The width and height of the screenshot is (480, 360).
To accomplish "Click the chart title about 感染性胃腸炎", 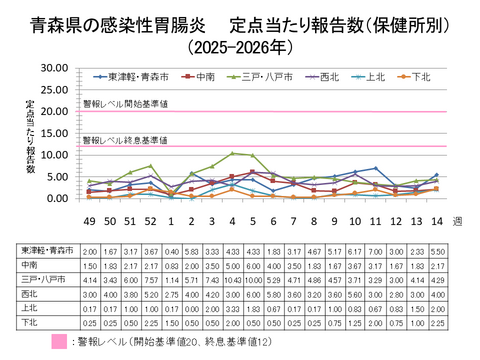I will [x=240, y=23].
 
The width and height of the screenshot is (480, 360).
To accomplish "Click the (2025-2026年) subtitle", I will [x=240, y=45].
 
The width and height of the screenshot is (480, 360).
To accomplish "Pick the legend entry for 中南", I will [x=200, y=76].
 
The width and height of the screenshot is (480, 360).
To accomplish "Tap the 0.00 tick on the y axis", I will [x=56, y=198].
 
